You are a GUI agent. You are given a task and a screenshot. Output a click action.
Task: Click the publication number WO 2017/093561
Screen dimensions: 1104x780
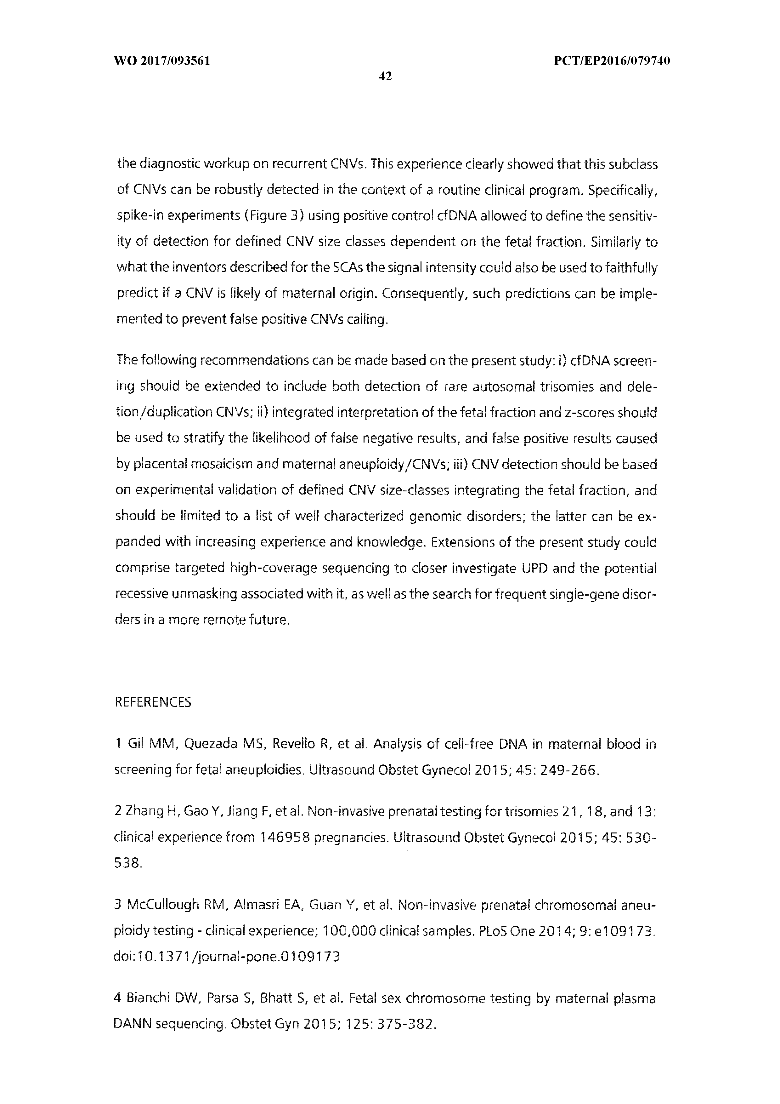point(162,61)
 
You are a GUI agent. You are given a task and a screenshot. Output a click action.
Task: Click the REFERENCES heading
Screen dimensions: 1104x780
point(153,702)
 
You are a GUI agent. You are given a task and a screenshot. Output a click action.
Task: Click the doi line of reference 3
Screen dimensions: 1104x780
point(226,957)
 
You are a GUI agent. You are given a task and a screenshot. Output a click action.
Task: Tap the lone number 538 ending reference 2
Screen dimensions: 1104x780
point(128,863)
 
